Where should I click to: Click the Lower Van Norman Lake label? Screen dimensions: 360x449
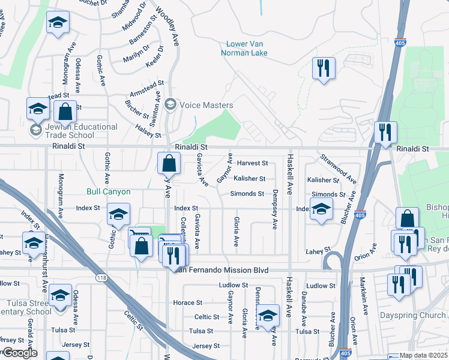click(x=247, y=48)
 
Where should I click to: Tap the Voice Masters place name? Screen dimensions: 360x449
click(x=205, y=105)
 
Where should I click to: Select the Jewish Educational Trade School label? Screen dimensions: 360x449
click(x=74, y=131)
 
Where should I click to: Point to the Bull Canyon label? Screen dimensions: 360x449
click(x=108, y=192)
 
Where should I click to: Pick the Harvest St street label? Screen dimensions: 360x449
click(x=252, y=163)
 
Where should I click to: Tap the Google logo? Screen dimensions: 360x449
click(x=19, y=353)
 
